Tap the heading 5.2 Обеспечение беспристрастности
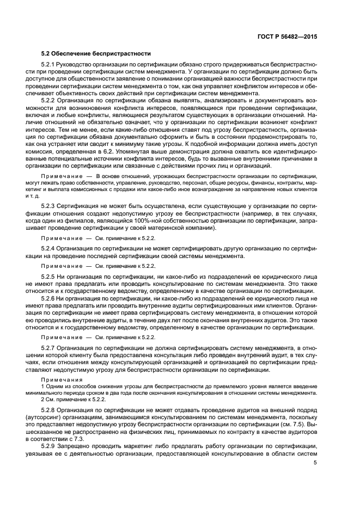[x=96, y=53]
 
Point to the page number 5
[x=315, y=463]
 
